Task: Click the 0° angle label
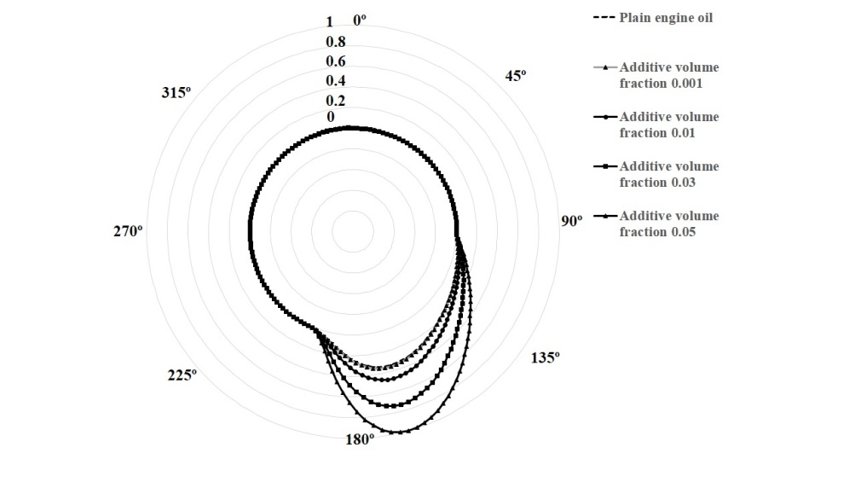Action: point(360,20)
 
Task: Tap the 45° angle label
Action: point(515,76)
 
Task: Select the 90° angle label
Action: point(571,221)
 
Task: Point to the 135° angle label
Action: point(546,357)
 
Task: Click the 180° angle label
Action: point(360,439)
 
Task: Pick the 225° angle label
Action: point(182,375)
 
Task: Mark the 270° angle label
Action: point(128,231)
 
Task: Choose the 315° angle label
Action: point(176,93)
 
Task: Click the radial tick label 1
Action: point(329,22)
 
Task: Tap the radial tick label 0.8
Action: point(336,42)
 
